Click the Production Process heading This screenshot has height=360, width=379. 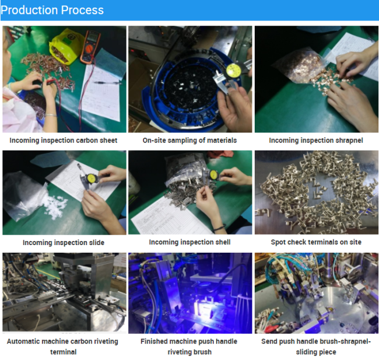[52, 10]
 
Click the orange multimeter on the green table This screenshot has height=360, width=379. [90, 47]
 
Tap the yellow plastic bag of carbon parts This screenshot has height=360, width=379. [64, 46]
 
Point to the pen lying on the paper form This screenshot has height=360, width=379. [107, 83]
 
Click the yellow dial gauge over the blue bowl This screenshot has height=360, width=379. [233, 70]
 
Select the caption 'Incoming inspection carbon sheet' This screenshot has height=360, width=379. [64, 140]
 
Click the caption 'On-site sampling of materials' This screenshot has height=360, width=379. [189, 140]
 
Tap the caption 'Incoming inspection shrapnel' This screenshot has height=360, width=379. [316, 140]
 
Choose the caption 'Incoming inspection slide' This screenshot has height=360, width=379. [64, 242]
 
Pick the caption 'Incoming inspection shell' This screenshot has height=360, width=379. [189, 242]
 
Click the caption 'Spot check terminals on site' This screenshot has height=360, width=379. [316, 242]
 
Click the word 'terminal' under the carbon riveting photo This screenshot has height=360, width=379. [64, 352]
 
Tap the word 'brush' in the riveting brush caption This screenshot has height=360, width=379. [202, 352]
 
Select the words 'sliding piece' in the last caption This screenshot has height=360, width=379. [316, 352]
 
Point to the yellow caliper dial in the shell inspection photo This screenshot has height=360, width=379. [213, 174]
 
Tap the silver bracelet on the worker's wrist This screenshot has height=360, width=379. [51, 115]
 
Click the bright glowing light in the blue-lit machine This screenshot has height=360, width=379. [202, 306]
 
